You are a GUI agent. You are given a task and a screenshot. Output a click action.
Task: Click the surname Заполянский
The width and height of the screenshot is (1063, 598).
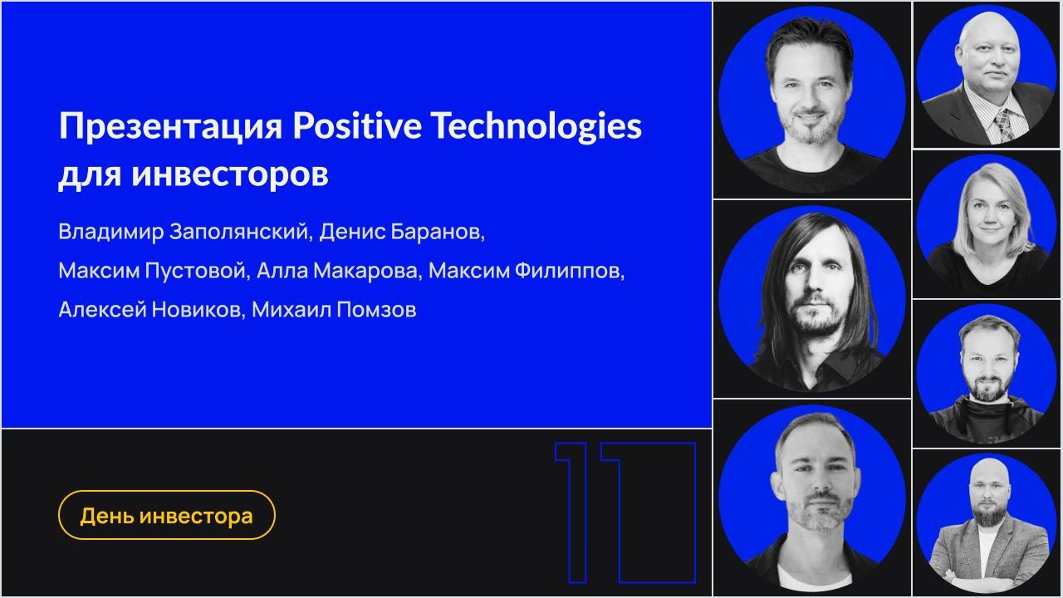pos(240,232)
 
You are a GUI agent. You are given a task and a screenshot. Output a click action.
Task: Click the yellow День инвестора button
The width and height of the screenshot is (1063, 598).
pos(166,516)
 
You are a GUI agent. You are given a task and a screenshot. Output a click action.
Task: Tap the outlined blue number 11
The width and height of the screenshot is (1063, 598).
pos(625,512)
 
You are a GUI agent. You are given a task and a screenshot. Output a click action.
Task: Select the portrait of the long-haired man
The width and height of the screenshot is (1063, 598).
pos(811,299)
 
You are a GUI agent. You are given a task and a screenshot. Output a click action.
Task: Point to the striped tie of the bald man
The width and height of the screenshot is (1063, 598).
pos(1002,124)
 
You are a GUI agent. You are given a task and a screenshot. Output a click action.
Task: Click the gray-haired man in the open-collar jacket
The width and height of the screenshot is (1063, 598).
pos(811,498)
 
